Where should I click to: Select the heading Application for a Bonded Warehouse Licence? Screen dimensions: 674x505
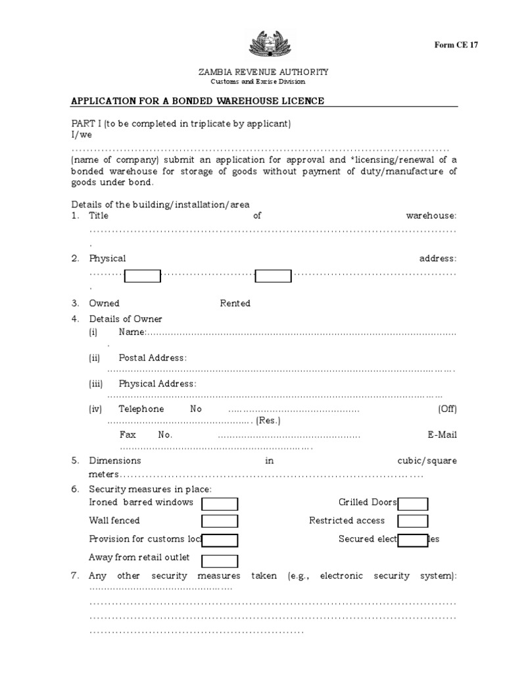[x=197, y=101]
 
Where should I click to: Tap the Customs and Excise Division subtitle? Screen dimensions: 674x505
[x=258, y=82]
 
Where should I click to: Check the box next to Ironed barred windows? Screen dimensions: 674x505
[x=220, y=504]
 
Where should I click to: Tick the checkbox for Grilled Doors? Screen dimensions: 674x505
[x=413, y=504]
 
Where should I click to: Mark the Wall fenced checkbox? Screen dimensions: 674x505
[x=220, y=522]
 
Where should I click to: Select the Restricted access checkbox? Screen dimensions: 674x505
[x=413, y=522]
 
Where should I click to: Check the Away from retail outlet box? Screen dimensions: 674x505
[x=220, y=561]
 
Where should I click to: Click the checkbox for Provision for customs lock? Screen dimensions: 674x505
[x=220, y=540]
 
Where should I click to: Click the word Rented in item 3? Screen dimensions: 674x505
[x=235, y=303]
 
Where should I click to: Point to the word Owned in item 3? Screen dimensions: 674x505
[x=105, y=303]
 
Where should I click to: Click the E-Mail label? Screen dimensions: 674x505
[x=442, y=435]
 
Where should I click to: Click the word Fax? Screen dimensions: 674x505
[x=128, y=435]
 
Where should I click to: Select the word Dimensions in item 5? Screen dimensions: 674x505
[x=115, y=461]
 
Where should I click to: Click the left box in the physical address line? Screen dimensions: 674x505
[x=143, y=276]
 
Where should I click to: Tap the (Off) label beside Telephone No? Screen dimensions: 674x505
[x=447, y=409]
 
